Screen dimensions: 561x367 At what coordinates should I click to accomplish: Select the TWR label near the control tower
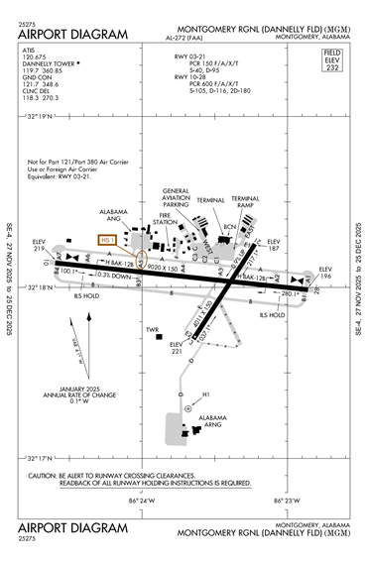[152, 330]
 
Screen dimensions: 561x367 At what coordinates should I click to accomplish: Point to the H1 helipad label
[207, 395]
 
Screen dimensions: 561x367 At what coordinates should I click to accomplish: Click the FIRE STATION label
[166, 220]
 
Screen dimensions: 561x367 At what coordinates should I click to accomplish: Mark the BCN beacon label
[230, 227]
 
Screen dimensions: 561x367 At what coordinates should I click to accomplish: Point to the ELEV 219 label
[40, 245]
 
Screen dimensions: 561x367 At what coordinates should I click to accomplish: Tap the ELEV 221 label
[178, 348]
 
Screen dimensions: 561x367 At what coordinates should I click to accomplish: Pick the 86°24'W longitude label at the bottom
[142, 501]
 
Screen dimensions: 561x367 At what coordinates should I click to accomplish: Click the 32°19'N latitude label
[40, 117]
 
